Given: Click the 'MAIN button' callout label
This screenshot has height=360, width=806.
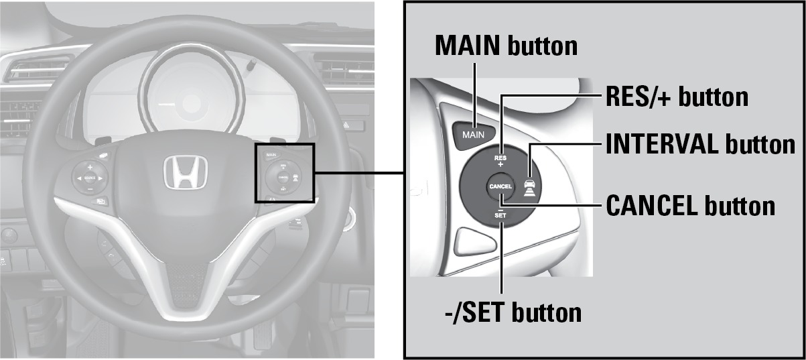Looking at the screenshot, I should [506, 46].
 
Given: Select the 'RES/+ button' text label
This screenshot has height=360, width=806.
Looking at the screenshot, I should [676, 97].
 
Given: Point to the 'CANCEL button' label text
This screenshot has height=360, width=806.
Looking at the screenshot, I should [690, 206].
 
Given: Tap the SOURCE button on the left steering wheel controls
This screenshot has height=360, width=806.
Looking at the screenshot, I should [90, 178].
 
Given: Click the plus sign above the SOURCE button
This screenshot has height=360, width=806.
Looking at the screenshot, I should [90, 166].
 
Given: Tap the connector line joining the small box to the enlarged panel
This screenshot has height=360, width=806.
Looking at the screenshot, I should [358, 173].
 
